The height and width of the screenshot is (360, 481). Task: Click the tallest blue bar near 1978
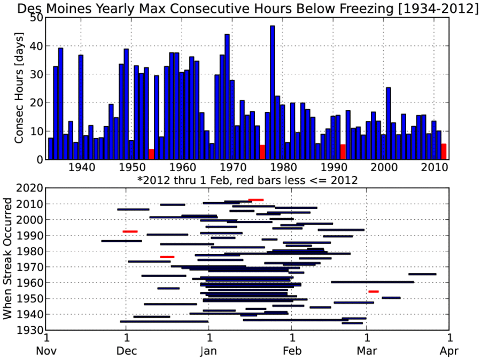click(273, 93)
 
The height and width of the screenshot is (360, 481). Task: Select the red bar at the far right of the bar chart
click(444, 151)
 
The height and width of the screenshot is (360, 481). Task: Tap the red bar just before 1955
click(151, 155)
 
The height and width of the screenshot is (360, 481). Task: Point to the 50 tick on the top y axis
click(36, 18)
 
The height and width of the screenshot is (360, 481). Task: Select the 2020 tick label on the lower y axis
click(29, 188)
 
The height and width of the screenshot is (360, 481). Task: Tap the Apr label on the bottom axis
click(449, 351)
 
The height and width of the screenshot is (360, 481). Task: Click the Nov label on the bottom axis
click(46, 350)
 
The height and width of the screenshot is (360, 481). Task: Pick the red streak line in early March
click(374, 292)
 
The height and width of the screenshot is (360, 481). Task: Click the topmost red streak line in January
click(256, 200)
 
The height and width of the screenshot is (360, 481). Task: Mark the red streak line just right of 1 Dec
click(130, 232)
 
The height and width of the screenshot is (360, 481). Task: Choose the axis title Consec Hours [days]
click(19, 88)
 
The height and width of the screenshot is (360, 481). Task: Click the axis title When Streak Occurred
click(7, 259)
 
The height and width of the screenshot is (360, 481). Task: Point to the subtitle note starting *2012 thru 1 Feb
click(247, 180)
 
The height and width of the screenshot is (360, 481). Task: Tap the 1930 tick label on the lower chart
click(29, 330)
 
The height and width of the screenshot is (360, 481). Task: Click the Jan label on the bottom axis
click(208, 350)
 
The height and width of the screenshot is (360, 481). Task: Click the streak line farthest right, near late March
click(422, 274)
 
